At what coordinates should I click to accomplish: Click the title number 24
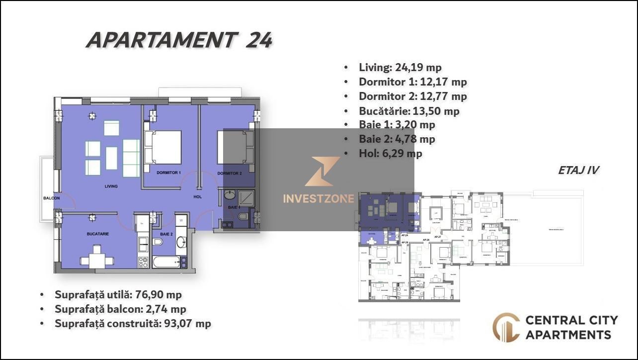point(259,40)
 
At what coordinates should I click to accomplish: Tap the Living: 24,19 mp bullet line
point(399,67)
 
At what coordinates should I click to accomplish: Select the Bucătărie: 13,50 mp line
point(408,110)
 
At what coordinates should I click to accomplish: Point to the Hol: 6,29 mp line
point(390,154)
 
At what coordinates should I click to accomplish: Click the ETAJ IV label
point(578,170)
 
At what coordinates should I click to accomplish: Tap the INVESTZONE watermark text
point(318,198)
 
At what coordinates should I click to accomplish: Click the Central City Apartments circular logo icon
point(506,327)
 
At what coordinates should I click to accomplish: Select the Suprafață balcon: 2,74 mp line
point(120,309)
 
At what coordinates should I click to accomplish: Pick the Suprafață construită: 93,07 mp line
point(133,324)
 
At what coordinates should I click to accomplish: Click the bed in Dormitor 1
point(163,147)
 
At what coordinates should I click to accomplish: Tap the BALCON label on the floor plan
point(51,198)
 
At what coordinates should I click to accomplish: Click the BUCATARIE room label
point(97,233)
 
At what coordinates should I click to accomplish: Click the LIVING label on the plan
point(111,186)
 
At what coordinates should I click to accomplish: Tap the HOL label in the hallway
point(197,197)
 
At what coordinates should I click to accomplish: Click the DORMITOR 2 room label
point(229,173)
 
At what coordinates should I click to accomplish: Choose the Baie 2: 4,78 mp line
point(397,139)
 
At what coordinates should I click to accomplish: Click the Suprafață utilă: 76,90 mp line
point(118,294)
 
